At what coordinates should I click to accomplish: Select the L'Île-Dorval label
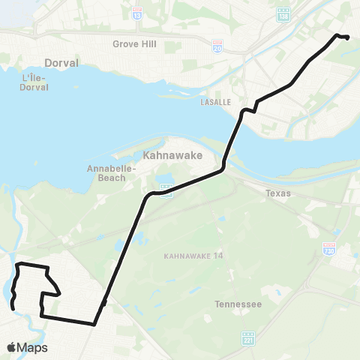[36, 82]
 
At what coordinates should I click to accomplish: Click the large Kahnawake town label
[169, 155]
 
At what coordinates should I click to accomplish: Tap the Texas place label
[277, 193]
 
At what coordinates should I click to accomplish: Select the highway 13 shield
[137, 13]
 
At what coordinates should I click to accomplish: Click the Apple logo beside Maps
[12, 347]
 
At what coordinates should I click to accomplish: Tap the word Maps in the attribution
[32, 347]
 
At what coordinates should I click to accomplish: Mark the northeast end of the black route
[348, 37]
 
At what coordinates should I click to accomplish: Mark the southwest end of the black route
[13, 307]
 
